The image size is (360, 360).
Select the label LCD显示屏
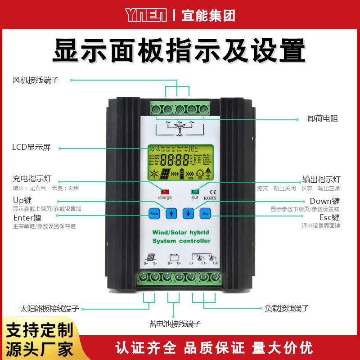[x=32, y=147]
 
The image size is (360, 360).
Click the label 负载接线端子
[x=286, y=309]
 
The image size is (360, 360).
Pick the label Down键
[x=324, y=201]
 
